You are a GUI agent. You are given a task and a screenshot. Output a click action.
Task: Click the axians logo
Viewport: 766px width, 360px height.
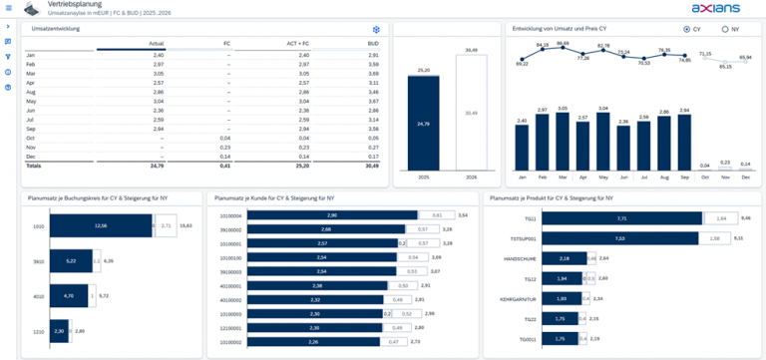tap(714, 8)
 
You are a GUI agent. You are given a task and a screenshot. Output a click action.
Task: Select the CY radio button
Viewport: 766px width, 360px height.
tap(687, 30)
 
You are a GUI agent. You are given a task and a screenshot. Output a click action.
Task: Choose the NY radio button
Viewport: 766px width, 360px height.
tap(724, 30)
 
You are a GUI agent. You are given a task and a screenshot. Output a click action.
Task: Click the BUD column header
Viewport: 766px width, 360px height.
tap(373, 45)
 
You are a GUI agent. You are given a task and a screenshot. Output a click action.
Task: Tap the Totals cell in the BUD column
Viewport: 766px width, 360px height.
tap(372, 166)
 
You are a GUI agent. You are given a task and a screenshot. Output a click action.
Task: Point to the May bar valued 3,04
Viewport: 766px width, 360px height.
tap(603, 141)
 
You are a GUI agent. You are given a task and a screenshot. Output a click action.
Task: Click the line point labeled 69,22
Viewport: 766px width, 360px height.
tap(522, 62)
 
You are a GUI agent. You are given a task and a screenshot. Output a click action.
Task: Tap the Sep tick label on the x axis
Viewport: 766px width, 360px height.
tap(684, 178)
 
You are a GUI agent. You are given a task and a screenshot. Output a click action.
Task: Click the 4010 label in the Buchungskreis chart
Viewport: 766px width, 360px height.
tap(38, 295)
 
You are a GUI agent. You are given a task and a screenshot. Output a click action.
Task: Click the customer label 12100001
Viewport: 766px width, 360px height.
tap(229, 327)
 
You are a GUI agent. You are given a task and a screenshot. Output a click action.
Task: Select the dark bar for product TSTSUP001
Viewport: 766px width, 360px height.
tap(620, 238)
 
